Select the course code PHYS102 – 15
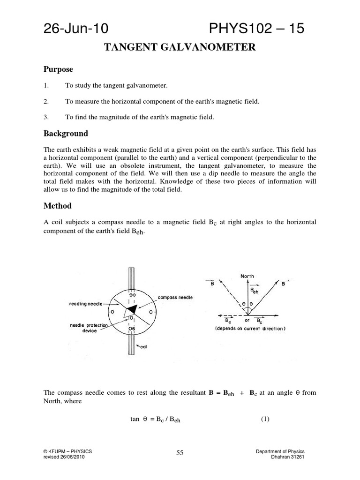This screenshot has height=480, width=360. tap(257, 29)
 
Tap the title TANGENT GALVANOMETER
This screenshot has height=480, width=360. tap(180, 47)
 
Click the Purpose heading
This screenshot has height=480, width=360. tap(58, 69)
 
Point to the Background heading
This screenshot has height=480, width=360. tap(66, 134)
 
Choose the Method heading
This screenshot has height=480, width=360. tap(58, 206)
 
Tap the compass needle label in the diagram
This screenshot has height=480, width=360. tap(175, 298)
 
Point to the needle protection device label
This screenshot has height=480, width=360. tap(89, 328)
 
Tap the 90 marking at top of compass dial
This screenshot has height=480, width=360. tap(132, 295)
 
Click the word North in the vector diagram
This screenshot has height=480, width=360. tap(247, 276)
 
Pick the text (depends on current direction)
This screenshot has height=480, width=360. tap(249, 329)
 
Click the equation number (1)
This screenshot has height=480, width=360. tap(265, 419)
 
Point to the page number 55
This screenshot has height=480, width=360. tap(180, 452)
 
